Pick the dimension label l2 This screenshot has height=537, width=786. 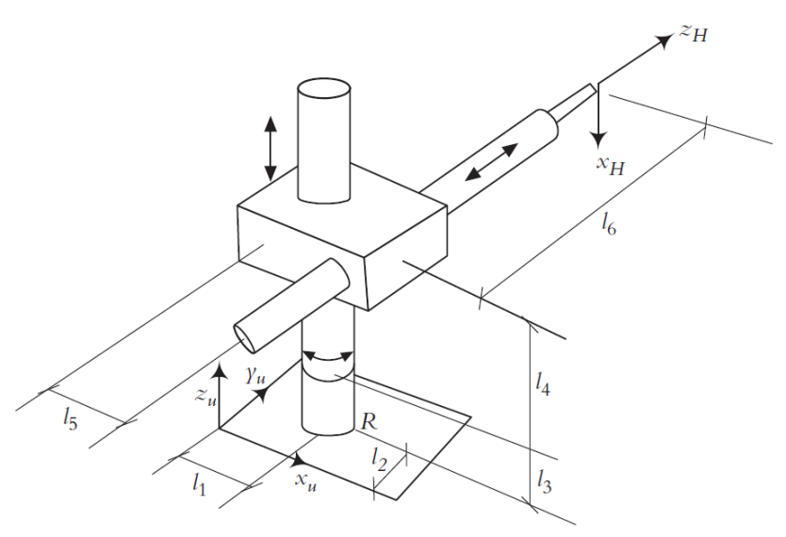(x=379, y=460)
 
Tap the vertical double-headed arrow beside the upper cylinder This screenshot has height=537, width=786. (x=270, y=148)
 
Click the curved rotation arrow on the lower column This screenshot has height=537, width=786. (x=328, y=358)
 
